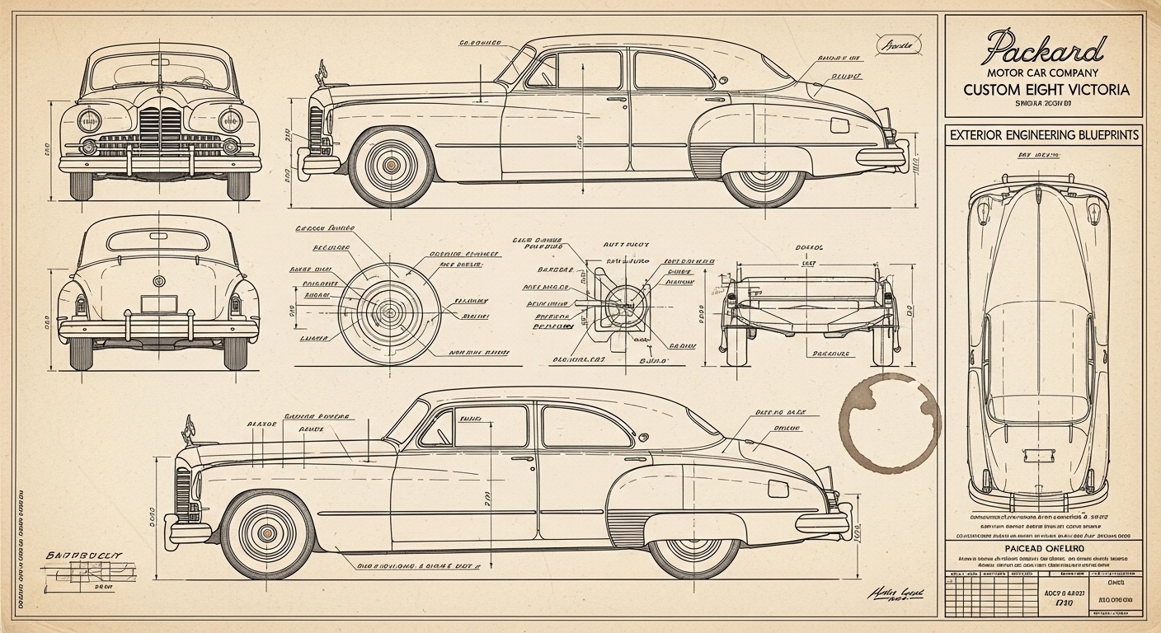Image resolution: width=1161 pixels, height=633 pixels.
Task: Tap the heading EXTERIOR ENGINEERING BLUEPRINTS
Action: click(1043, 134)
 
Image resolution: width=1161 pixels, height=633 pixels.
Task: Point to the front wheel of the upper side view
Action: click(391, 166)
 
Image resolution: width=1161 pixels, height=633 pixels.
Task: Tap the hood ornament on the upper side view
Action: click(318, 72)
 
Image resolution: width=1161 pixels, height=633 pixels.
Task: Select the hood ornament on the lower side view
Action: click(189, 429)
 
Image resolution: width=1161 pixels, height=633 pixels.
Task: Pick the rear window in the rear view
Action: click(157, 240)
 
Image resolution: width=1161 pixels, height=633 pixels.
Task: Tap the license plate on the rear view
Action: click(158, 303)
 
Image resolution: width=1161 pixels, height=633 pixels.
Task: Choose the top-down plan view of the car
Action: click(1036, 338)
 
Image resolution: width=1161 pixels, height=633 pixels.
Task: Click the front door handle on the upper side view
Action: click(616, 99)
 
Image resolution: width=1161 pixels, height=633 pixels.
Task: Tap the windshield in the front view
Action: click(159, 73)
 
